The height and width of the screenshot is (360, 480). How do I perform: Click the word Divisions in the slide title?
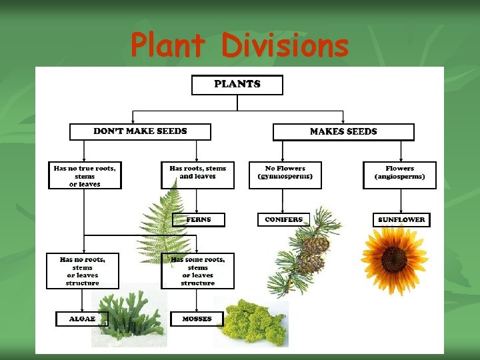[x=285, y=45]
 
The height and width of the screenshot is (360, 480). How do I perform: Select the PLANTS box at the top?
[x=237, y=85]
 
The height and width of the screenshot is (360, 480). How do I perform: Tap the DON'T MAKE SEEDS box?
[x=140, y=131]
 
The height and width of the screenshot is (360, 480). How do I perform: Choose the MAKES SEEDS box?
[x=343, y=131]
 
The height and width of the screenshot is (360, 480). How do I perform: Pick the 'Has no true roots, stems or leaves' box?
[x=85, y=175]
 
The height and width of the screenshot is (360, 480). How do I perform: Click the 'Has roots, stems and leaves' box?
[x=198, y=174]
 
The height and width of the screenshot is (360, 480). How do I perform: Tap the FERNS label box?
[x=199, y=219]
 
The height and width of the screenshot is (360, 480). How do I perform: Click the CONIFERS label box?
[x=283, y=219]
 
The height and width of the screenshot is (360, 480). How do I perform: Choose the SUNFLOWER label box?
[x=401, y=219]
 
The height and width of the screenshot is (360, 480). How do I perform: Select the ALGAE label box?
[x=82, y=319]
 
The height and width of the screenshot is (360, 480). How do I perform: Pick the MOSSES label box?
[x=197, y=319]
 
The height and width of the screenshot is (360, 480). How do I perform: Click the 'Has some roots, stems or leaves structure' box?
[x=198, y=270]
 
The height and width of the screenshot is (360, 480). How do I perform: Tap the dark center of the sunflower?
[x=395, y=257]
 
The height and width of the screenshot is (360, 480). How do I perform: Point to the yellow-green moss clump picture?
[x=252, y=323]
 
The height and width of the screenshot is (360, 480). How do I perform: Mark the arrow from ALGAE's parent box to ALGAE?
[x=83, y=300]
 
